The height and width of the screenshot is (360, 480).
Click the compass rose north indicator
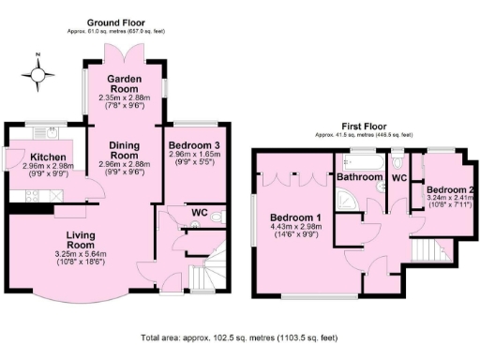37,75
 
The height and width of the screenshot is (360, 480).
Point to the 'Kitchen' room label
46,157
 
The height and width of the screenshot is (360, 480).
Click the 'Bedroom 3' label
195,146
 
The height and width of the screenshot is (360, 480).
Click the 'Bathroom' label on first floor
359,176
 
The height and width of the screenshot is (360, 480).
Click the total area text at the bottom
238,337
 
